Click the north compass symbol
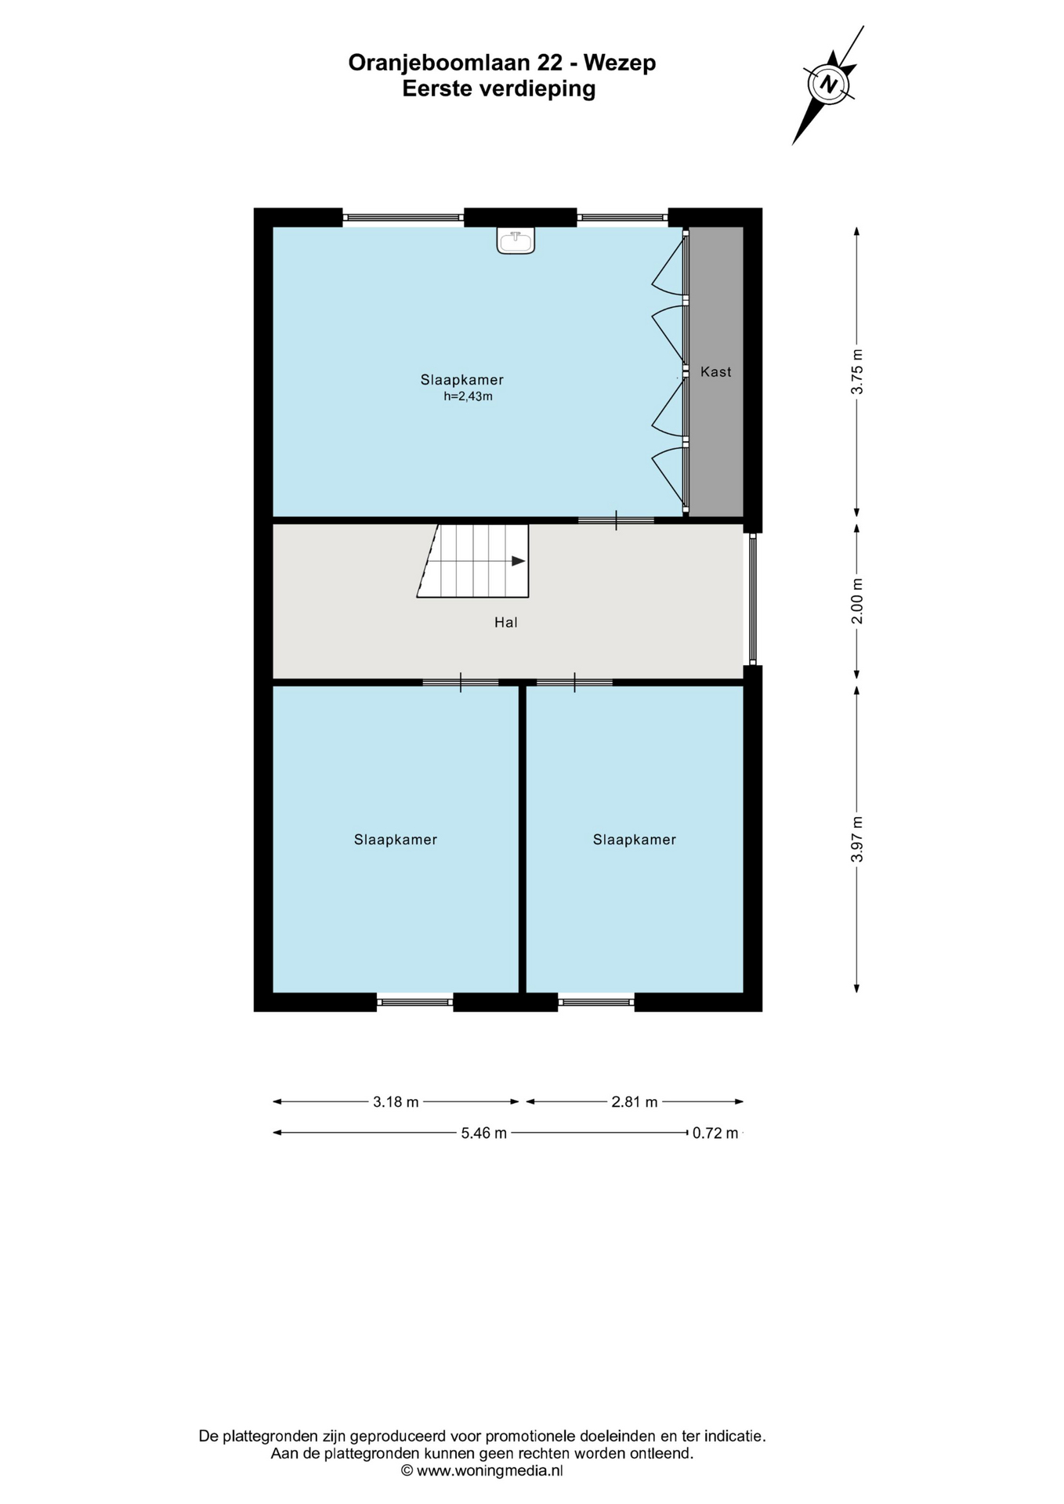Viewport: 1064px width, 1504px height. (x=829, y=84)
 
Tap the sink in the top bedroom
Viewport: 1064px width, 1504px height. (x=516, y=240)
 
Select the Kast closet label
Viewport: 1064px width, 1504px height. (x=716, y=372)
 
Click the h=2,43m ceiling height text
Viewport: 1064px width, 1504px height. (x=468, y=396)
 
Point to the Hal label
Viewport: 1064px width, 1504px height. (x=506, y=623)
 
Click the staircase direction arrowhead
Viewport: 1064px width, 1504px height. (x=518, y=561)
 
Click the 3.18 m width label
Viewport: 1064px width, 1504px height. (x=396, y=1102)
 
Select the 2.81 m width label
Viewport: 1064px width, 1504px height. (x=635, y=1102)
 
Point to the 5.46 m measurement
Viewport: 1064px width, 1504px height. (x=484, y=1133)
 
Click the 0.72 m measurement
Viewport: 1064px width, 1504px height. (x=715, y=1133)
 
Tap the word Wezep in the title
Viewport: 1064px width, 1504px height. (x=620, y=63)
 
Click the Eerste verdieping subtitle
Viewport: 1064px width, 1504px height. (x=499, y=89)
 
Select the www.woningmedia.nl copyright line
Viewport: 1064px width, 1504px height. (x=482, y=1470)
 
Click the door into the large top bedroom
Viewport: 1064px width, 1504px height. (x=616, y=520)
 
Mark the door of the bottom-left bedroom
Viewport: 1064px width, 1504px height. (x=460, y=682)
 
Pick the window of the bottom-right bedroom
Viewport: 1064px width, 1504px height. (x=596, y=1002)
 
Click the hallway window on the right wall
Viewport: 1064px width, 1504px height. (x=752, y=599)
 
